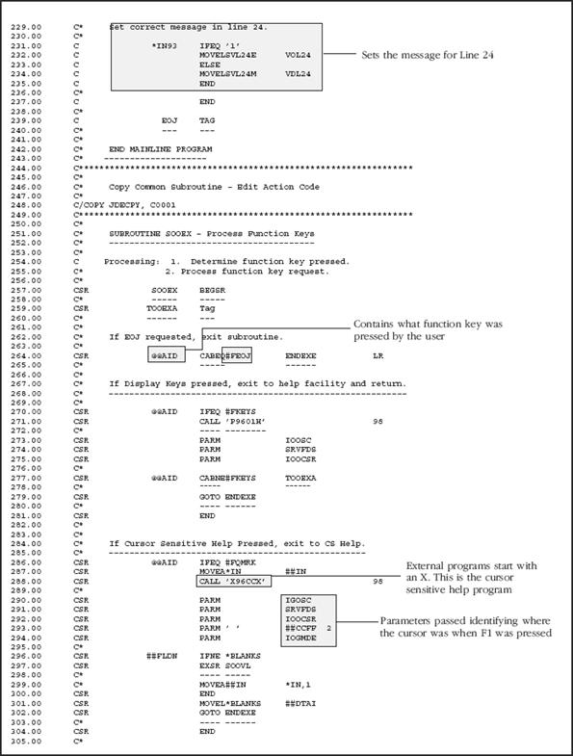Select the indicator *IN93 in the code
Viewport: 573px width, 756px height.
coord(166,44)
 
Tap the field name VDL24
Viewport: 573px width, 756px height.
coord(298,72)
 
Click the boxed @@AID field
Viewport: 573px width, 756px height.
coord(165,355)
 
